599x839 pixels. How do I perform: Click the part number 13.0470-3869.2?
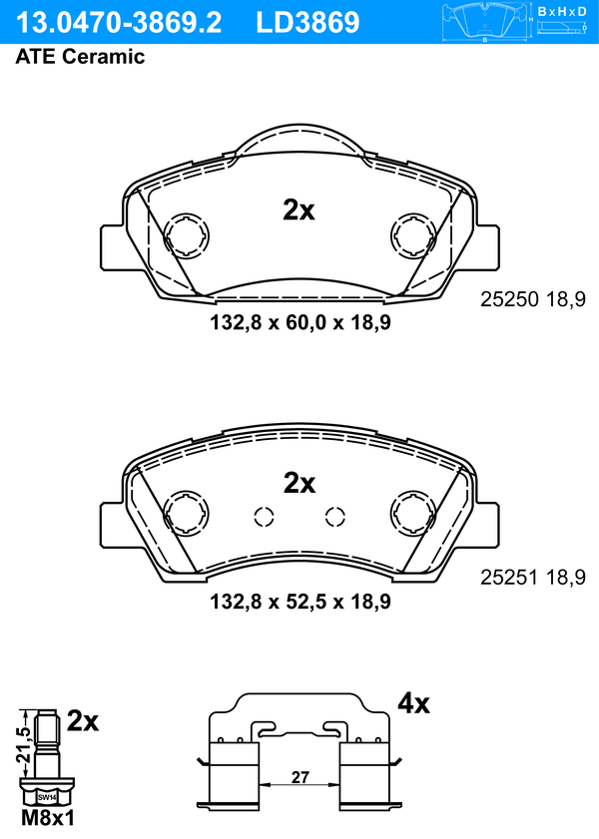(119, 23)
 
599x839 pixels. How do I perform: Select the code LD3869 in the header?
(307, 23)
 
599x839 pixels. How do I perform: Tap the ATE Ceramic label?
(80, 56)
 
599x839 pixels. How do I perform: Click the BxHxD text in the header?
(562, 11)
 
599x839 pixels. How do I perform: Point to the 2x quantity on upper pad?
(299, 210)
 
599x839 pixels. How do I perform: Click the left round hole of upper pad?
(187, 234)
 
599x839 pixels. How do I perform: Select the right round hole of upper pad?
(413, 234)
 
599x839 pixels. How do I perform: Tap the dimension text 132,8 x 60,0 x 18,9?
(300, 322)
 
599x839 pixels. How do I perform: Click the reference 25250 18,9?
(533, 299)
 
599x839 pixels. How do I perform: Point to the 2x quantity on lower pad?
(299, 483)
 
